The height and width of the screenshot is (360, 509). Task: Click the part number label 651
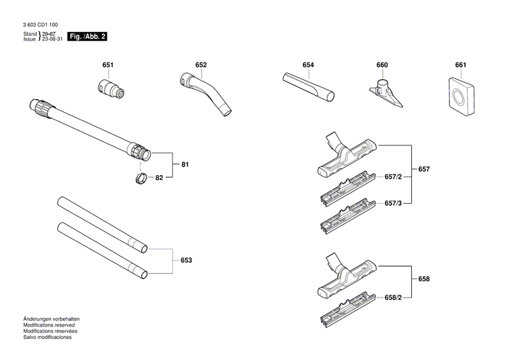pyautogui.click(x=107, y=65)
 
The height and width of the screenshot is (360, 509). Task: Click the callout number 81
pyautogui.click(x=184, y=165)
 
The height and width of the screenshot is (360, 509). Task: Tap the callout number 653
pyautogui.click(x=186, y=260)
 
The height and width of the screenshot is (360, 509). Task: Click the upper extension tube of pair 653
pyautogui.click(x=102, y=224)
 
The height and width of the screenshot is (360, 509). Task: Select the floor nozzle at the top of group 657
pyautogui.click(x=346, y=157)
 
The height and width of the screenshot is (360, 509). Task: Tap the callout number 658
pyautogui.click(x=424, y=279)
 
